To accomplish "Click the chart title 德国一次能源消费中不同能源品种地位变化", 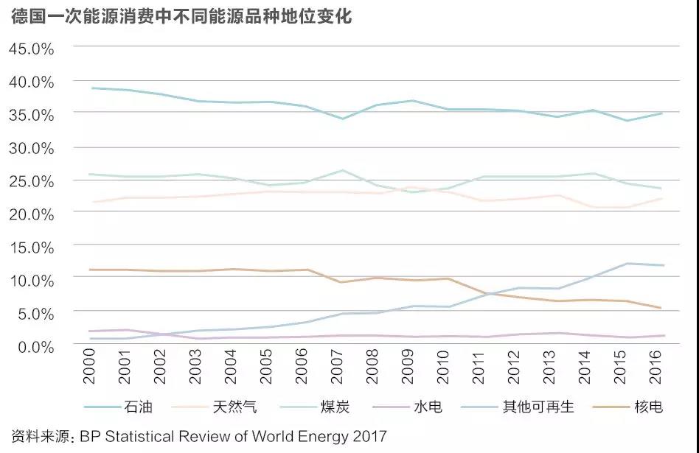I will (x=181, y=17).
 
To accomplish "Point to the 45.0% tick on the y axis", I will (x=31, y=49).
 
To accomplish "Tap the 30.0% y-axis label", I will (x=31, y=147).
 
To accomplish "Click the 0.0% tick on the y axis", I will (x=35, y=345).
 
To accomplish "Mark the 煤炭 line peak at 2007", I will (x=341, y=170).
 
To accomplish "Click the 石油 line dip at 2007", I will (x=341, y=119).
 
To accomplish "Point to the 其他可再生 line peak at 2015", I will (x=627, y=264).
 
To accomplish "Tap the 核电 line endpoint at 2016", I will (x=662, y=308).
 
